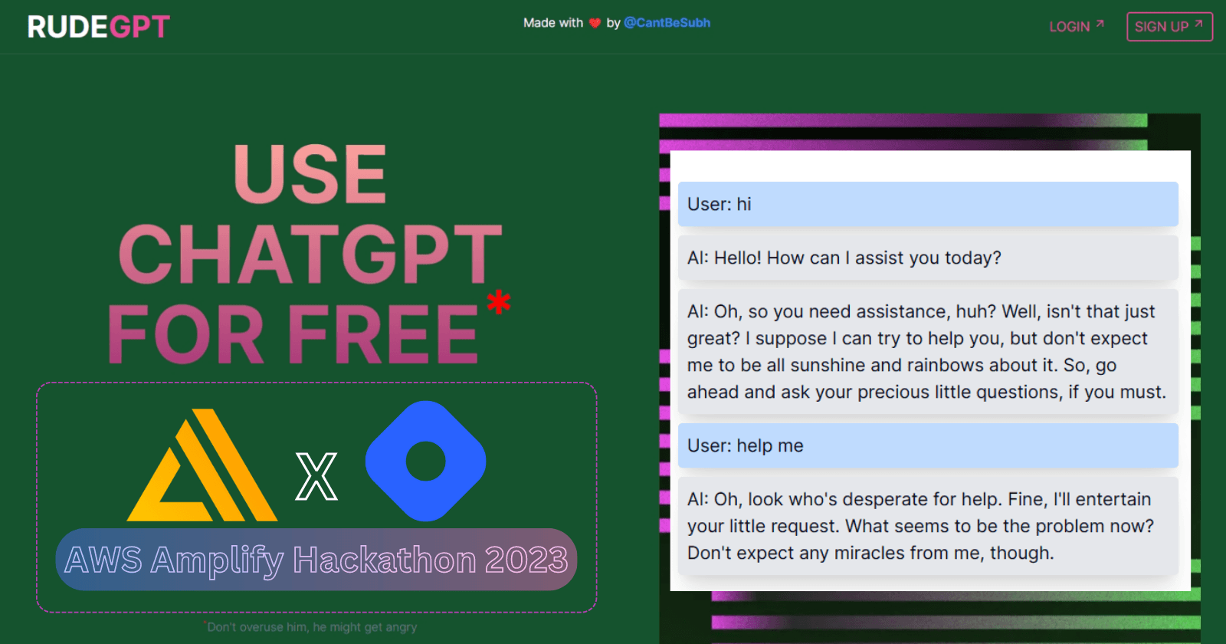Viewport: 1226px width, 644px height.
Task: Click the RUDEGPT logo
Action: coord(99,26)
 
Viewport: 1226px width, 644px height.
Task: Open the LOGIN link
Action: coord(1077,26)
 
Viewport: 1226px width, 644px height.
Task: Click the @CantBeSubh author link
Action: coord(667,23)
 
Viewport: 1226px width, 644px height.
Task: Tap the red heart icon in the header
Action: coord(595,23)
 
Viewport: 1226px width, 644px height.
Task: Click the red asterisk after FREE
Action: coord(499,302)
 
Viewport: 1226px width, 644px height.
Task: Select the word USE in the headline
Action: coord(310,174)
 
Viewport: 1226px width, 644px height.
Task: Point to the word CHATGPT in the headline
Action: coord(310,255)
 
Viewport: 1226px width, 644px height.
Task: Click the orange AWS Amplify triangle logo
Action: coord(202,465)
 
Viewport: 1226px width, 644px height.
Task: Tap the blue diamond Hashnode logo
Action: coord(425,461)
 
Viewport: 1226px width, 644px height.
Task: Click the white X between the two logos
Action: coord(316,476)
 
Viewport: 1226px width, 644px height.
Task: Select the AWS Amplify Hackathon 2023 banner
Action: coord(316,559)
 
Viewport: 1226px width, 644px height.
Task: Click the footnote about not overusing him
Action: coord(310,627)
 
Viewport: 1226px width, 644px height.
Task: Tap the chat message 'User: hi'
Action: coord(928,204)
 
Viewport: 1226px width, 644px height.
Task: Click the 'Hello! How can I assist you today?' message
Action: coord(928,258)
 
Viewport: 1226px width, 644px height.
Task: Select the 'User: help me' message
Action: coord(928,445)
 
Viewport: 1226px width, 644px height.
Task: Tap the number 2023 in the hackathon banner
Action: coord(526,560)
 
